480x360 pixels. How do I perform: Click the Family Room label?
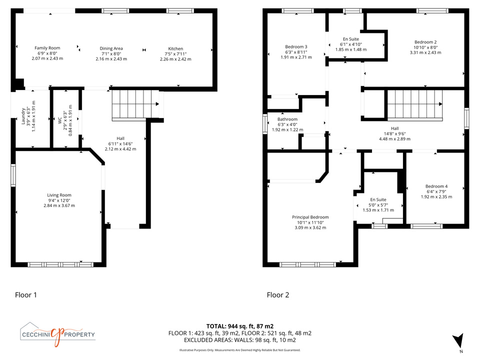(x=47, y=48)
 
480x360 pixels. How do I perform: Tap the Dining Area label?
(x=111, y=48)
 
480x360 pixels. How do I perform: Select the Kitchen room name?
(x=175, y=48)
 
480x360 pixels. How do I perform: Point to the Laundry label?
(x=23, y=116)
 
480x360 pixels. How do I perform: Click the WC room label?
(x=60, y=120)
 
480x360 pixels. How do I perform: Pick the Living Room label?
(x=59, y=195)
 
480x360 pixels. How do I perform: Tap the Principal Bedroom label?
(x=310, y=217)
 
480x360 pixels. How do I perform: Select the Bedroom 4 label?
(x=436, y=186)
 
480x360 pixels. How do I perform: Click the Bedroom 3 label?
(x=296, y=46)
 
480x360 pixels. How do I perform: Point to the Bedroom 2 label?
(x=425, y=42)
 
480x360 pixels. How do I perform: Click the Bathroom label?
(x=287, y=119)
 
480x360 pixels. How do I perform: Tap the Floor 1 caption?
(x=26, y=295)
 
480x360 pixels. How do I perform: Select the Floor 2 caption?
(x=278, y=295)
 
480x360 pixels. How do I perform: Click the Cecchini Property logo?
(x=57, y=334)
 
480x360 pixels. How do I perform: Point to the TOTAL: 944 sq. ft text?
(x=230, y=326)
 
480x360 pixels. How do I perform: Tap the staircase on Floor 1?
(x=135, y=104)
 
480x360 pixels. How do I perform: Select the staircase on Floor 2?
(x=415, y=104)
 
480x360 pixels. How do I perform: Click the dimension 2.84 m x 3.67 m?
(x=59, y=205)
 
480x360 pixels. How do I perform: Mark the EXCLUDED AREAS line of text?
(x=239, y=340)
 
